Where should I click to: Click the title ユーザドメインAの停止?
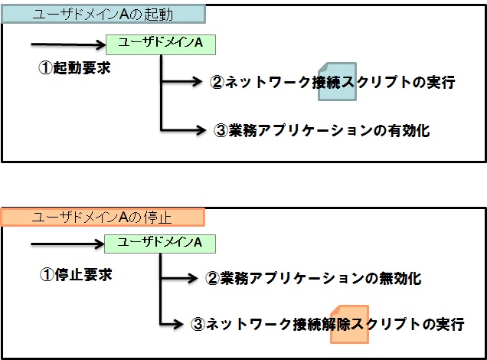tap(102, 218)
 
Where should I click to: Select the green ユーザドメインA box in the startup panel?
tap(162, 44)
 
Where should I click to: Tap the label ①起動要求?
tap(75, 67)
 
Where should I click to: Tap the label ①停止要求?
tap(75, 274)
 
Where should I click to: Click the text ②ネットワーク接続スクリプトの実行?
tap(332, 83)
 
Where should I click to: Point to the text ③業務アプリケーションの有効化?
tap(322, 130)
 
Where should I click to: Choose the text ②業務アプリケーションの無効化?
tap(313, 279)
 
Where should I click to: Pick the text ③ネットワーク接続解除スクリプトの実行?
tap(327, 325)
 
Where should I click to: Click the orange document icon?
tap(349, 323)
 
